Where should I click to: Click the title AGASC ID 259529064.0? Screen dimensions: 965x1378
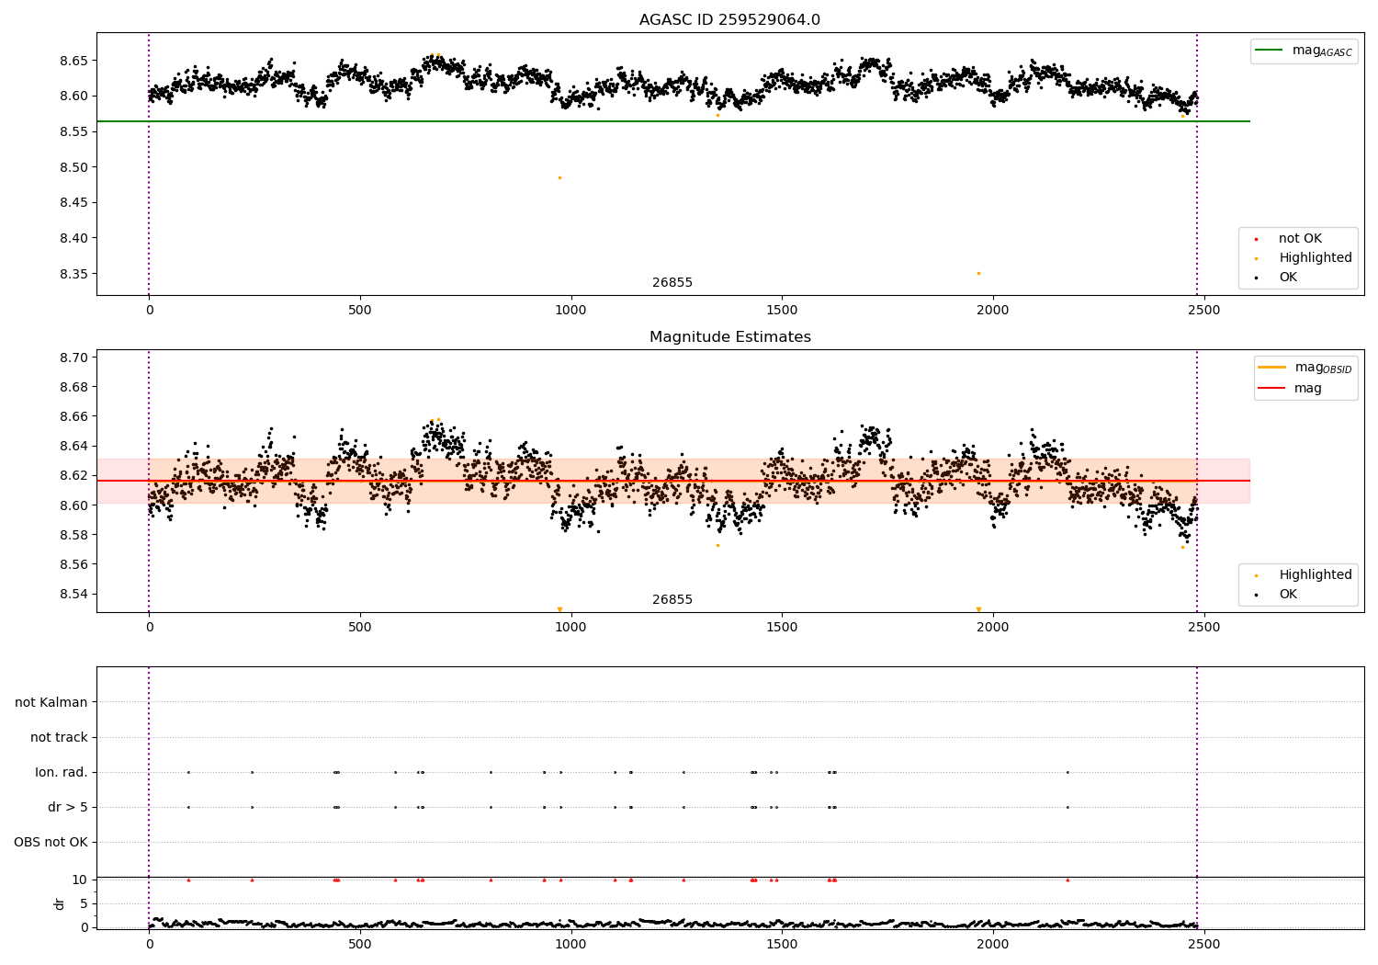pos(729,20)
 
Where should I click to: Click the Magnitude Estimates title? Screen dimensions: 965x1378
pos(729,337)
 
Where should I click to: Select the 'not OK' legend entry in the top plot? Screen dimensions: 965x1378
pos(1299,239)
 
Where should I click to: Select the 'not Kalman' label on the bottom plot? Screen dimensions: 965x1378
pos(51,702)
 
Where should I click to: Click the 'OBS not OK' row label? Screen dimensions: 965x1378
pos(51,842)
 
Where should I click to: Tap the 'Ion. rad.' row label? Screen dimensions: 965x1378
pos(62,772)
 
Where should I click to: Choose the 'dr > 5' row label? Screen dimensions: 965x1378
pos(67,807)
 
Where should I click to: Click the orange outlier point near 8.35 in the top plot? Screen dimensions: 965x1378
pos(978,273)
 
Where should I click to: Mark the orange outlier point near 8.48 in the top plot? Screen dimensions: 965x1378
pos(559,177)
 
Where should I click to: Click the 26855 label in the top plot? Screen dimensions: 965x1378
pos(672,283)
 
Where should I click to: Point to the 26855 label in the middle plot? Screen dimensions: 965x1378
pos(672,600)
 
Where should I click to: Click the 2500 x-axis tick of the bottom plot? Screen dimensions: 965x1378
pos(1203,943)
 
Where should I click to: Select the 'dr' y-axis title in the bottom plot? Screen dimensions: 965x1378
pos(60,903)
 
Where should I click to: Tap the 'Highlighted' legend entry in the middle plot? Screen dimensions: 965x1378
pos(1315,574)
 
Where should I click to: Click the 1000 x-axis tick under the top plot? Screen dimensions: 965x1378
pos(570,311)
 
